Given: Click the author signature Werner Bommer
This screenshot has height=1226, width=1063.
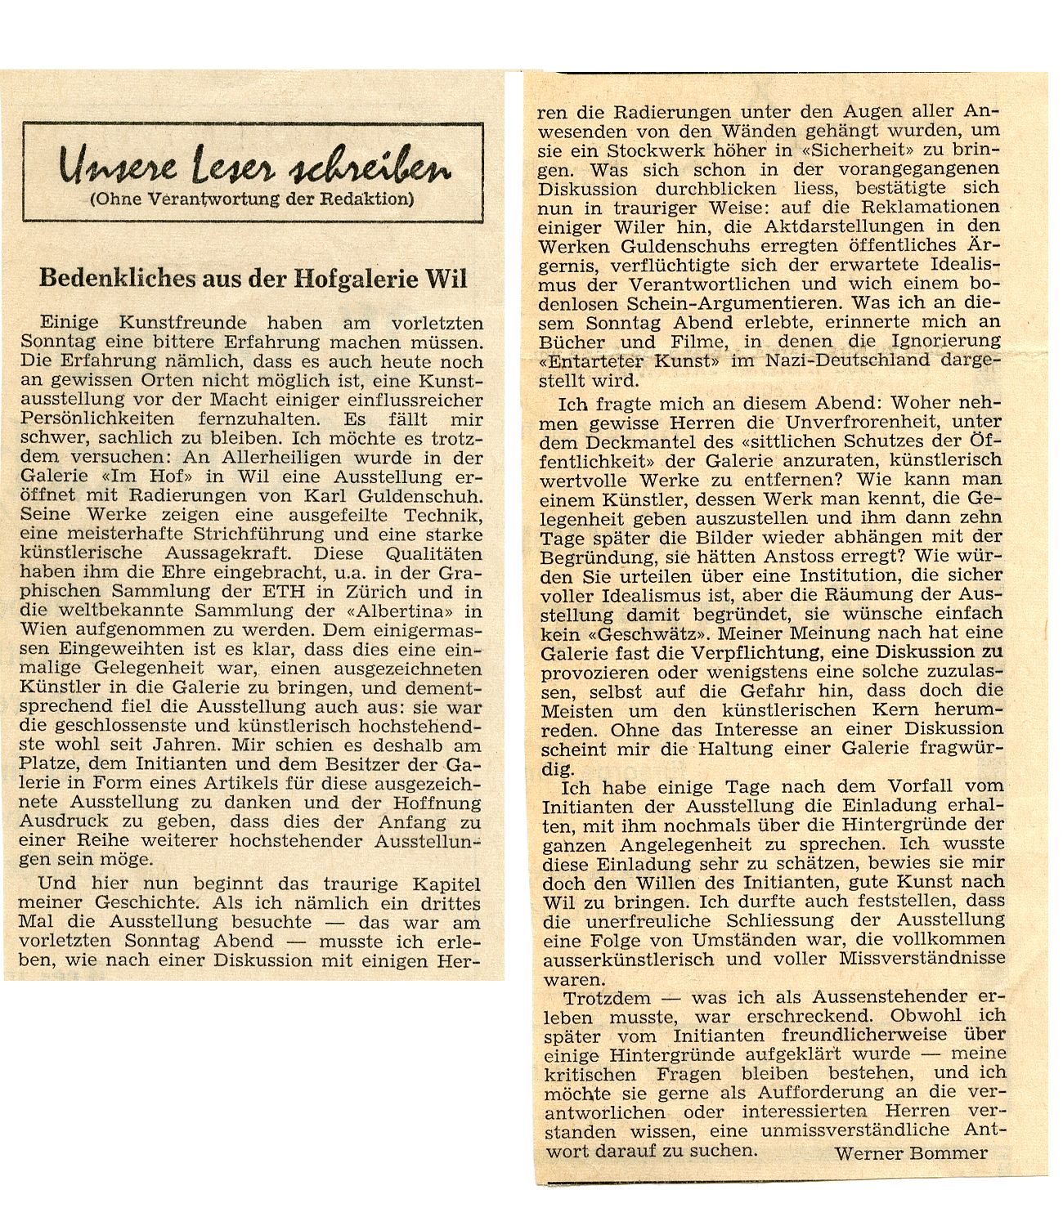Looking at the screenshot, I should pyautogui.click(x=910, y=1152).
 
